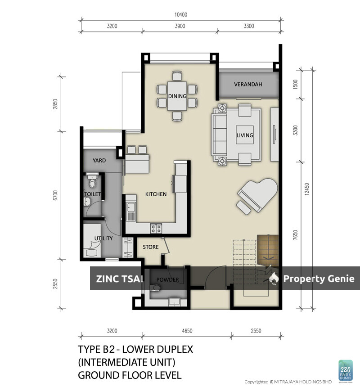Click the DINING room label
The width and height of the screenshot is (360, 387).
pyautogui.click(x=177, y=96)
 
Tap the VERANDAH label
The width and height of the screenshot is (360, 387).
pyautogui.click(x=247, y=85)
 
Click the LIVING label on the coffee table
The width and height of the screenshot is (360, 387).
pyautogui.click(x=245, y=135)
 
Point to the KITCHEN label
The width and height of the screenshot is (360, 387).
pyautogui.click(x=156, y=194)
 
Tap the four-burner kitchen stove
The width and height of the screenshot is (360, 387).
pyautogui.click(x=156, y=229)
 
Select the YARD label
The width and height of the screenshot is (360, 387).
pyautogui.click(x=99, y=161)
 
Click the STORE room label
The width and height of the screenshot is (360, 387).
pyautogui.click(x=151, y=247)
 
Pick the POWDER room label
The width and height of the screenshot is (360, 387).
pyautogui.click(x=167, y=279)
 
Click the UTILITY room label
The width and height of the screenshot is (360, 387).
pyautogui.click(x=103, y=238)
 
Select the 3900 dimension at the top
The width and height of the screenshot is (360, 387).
pyautogui.click(x=180, y=26)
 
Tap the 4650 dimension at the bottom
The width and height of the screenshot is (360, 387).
pyautogui.click(x=187, y=331)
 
